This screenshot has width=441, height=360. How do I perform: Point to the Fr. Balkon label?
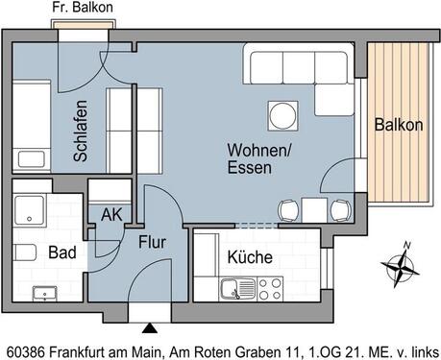click(82, 8)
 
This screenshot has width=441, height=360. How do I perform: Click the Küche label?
click(250, 257)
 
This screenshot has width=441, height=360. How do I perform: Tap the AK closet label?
click(111, 215)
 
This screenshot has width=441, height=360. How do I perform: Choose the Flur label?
click(154, 242)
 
